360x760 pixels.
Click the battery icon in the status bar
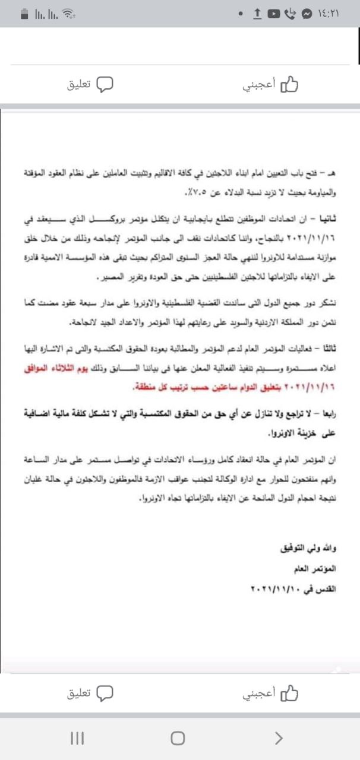(25, 13)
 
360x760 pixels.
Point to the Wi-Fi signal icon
(70, 13)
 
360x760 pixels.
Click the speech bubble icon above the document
(105, 84)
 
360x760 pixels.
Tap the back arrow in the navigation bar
(278, 738)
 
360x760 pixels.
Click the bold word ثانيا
(324, 219)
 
